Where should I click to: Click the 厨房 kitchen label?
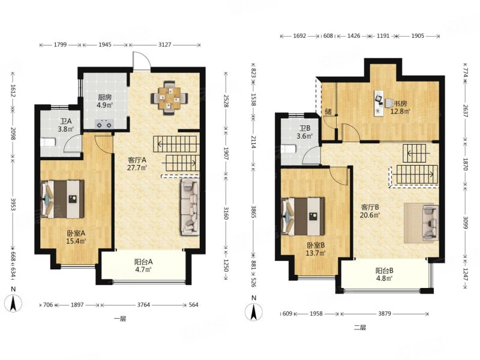104,97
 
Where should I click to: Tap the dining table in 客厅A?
169,98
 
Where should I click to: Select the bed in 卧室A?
62,199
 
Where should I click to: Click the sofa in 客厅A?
190,207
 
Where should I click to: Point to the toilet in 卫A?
48,142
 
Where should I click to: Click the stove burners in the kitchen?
104,125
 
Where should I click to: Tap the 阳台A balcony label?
143,262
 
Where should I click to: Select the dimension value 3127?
164,44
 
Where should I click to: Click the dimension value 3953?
13,204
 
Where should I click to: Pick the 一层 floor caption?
119,319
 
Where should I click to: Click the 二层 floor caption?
359,328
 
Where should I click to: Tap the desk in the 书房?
379,103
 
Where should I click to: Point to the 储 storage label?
328,111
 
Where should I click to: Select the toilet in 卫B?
289,149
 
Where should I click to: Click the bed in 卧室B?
302,217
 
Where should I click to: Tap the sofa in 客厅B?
430,223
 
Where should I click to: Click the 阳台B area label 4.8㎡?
385,278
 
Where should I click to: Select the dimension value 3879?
384,314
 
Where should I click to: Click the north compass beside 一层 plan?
13,304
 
